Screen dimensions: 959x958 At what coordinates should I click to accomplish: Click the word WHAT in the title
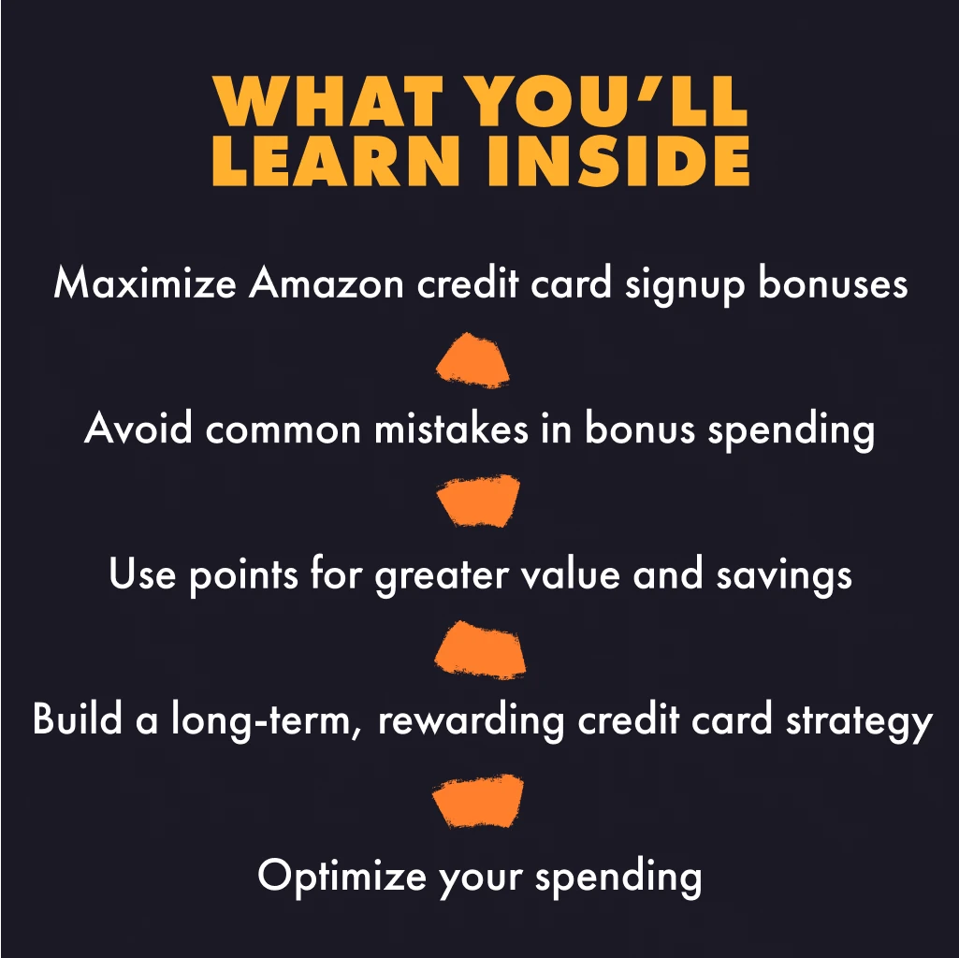pos(327,101)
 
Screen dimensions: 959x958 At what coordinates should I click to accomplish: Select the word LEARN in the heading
pos(336,160)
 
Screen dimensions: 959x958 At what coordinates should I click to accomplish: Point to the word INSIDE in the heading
pos(619,160)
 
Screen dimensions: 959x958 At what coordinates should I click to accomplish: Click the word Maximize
pos(145,283)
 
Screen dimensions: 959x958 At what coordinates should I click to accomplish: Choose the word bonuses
pos(833,283)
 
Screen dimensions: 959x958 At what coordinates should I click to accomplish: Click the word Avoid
pos(138,428)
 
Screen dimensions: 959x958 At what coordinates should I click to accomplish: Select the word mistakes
pos(451,428)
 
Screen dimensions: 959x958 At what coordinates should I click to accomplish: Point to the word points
pos(243,575)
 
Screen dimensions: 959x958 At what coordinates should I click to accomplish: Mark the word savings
pos(784,575)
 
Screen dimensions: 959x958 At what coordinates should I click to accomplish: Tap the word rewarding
pos(471,721)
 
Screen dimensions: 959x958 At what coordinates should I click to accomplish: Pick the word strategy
pos(859,722)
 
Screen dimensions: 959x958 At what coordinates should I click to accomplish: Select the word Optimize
pos(341,877)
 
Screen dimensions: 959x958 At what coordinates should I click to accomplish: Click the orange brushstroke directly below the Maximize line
pos(472,361)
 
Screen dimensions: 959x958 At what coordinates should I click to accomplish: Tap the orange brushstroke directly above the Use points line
pos(478,500)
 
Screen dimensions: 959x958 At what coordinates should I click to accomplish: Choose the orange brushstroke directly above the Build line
pos(480,649)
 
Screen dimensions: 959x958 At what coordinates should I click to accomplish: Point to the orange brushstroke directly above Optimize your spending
pos(478,800)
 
